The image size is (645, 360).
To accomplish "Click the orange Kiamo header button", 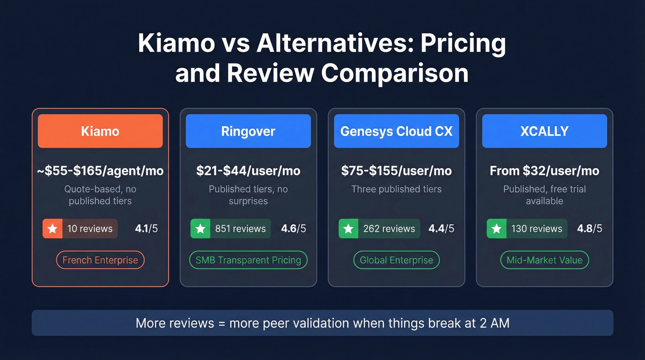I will pyautogui.click(x=100, y=131).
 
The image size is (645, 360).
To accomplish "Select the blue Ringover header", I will pyautogui.click(x=248, y=131).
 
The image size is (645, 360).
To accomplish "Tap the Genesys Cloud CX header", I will pyautogui.click(x=396, y=131).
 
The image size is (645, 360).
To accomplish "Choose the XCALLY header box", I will pyautogui.click(x=544, y=131).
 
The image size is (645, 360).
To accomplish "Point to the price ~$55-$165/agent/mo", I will pyautogui.click(x=100, y=171).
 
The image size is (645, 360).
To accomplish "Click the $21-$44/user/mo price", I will pyautogui.click(x=248, y=171).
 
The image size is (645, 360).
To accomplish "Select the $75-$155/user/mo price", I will pyautogui.click(x=396, y=171).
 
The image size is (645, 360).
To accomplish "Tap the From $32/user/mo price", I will pyautogui.click(x=544, y=171).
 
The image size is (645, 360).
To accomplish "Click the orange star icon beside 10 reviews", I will pyautogui.click(x=53, y=229).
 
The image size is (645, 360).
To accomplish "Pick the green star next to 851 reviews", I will pyautogui.click(x=200, y=229).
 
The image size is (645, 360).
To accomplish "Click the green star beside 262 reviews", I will pyautogui.click(x=349, y=229).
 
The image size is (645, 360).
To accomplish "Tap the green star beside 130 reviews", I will pyautogui.click(x=497, y=229).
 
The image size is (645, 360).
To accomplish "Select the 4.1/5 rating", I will pyautogui.click(x=146, y=229).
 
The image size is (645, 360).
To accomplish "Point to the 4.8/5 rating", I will pyautogui.click(x=589, y=229).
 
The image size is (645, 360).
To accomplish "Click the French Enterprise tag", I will pyautogui.click(x=100, y=260).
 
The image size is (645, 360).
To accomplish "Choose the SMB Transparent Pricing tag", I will pyautogui.click(x=248, y=260).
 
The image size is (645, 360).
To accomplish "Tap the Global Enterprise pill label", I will pyautogui.click(x=396, y=260).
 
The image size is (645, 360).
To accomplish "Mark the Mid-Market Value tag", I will pyautogui.click(x=544, y=260).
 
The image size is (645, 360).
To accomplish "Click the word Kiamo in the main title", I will pyautogui.click(x=176, y=44).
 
